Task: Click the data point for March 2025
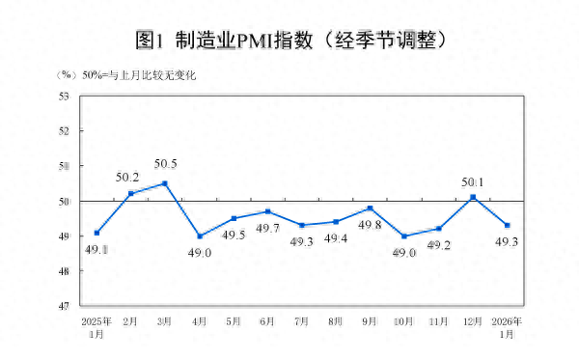click(x=165, y=183)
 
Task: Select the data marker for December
click(x=473, y=197)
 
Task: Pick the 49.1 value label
click(x=96, y=249)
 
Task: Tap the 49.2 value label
click(x=439, y=245)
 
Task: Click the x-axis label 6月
click(x=267, y=321)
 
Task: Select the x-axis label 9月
click(x=370, y=321)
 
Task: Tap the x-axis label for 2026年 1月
click(x=509, y=326)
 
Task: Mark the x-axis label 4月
click(x=199, y=321)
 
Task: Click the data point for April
click(x=200, y=236)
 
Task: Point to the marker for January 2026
click(x=508, y=225)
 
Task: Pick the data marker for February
click(x=130, y=193)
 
